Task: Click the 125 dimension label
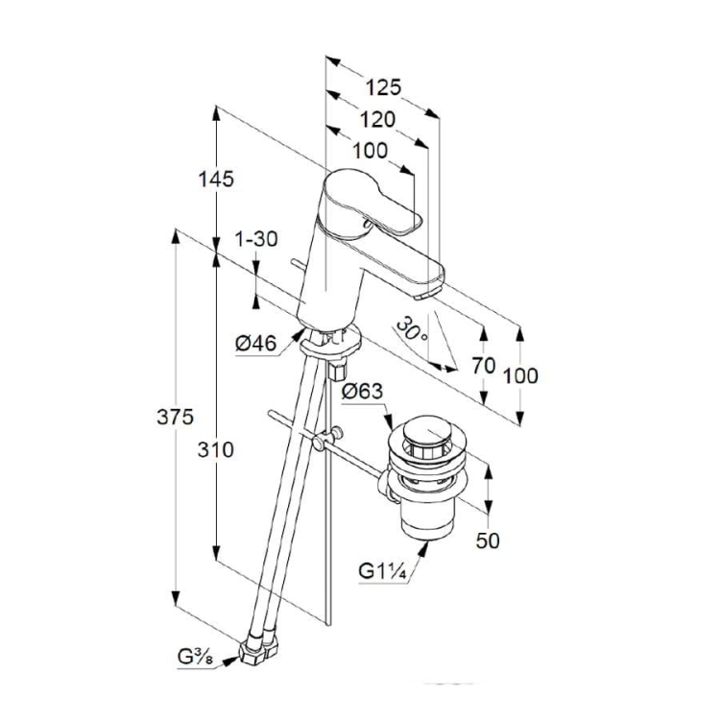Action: coord(383,87)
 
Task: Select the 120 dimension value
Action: coord(377,119)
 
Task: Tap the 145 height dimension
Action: coord(216,179)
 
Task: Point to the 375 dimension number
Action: coord(176,418)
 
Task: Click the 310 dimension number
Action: coord(216,450)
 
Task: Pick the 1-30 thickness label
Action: coord(256,239)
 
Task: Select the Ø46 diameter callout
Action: coord(256,344)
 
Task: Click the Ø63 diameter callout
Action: coord(362,392)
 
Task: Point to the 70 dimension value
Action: coord(484,366)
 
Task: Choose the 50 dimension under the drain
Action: coord(488,540)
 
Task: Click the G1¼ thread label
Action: coord(382,572)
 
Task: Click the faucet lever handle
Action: coord(372,202)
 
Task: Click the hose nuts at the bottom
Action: coord(258,647)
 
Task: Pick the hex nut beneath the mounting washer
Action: coord(338,371)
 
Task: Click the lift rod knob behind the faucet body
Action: coord(298,264)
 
